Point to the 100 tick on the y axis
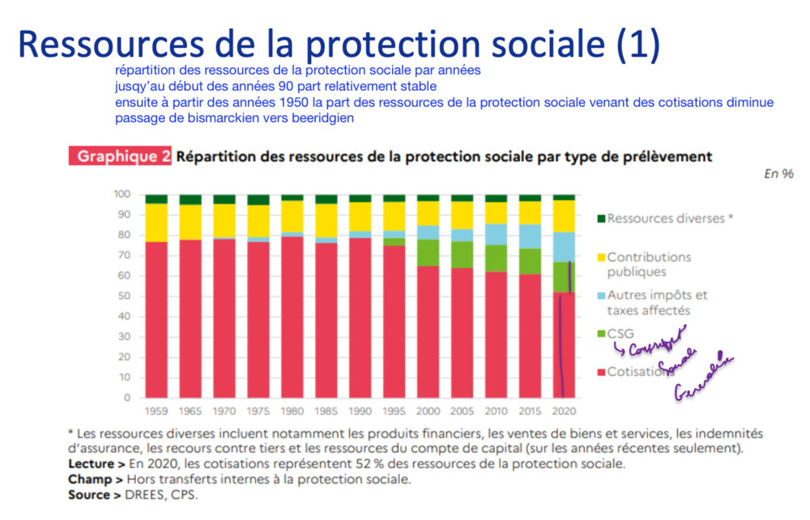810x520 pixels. coord(122,194)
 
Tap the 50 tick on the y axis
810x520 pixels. coord(124,296)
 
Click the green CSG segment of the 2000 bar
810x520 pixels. coord(428,253)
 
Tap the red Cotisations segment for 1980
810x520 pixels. coord(292,316)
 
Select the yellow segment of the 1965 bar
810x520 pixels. coord(190,222)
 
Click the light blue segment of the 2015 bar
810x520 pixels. coord(530,237)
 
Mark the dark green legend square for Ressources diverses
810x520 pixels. coord(600,219)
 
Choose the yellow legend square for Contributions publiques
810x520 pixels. coord(600,257)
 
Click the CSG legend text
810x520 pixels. coord(620,333)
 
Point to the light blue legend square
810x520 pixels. coord(600,295)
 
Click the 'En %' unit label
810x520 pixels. coord(778,174)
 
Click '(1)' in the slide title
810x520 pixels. coord(639,45)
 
